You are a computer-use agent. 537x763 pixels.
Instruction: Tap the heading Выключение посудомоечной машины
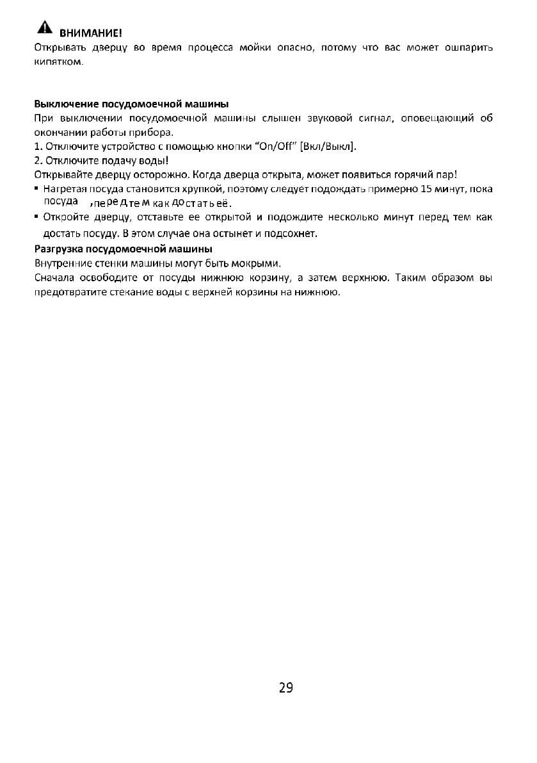131,104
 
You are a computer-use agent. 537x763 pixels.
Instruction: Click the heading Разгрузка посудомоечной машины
123,248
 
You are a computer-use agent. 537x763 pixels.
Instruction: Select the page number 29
286,689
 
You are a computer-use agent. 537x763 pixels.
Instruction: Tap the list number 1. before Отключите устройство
37,147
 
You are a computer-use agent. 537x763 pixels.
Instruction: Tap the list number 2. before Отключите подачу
37,161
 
